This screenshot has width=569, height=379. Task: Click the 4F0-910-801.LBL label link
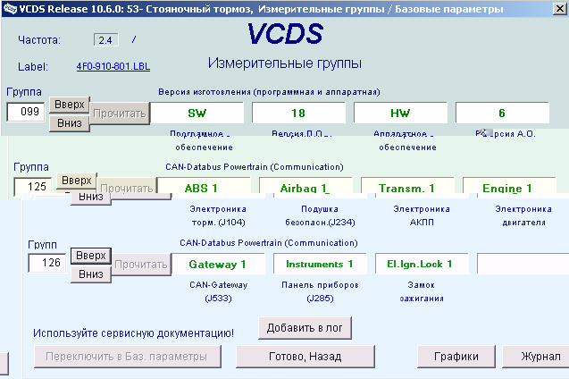click(x=113, y=67)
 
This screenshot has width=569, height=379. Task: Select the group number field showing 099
click(x=26, y=113)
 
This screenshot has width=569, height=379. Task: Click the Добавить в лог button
click(x=305, y=328)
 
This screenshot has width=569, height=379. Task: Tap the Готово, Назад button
click(x=305, y=357)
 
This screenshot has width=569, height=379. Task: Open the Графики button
click(x=456, y=357)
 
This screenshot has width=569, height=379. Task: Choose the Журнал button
click(x=541, y=357)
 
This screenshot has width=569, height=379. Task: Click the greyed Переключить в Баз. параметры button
click(x=128, y=357)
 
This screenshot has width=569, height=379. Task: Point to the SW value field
click(x=197, y=113)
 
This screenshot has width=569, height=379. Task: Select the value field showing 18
click(x=298, y=113)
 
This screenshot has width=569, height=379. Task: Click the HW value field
click(x=400, y=113)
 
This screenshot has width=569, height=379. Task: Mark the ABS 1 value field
click(x=201, y=189)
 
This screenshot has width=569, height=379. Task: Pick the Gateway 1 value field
click(x=218, y=264)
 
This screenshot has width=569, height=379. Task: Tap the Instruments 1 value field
click(x=319, y=264)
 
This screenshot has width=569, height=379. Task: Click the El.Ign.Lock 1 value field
click(x=420, y=264)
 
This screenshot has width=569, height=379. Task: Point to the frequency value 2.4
click(x=105, y=40)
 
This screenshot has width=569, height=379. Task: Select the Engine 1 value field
click(x=506, y=189)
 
